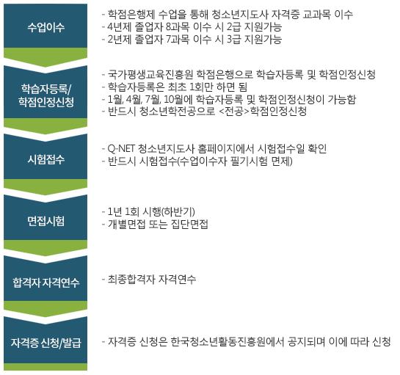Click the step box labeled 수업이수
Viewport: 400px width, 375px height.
pyautogui.click(x=46, y=26)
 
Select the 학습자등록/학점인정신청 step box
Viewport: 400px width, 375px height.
pyautogui.click(x=46, y=95)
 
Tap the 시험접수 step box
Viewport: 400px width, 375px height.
pyautogui.click(x=46, y=159)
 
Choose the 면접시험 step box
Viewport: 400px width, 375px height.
pyautogui.click(x=46, y=220)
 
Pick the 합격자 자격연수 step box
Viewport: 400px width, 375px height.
pyautogui.click(x=46, y=281)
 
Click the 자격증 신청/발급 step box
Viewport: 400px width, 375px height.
pyautogui.click(x=46, y=343)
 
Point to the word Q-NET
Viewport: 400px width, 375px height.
pyautogui.click(x=121, y=148)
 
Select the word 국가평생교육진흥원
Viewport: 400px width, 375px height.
pyautogui.click(x=150, y=74)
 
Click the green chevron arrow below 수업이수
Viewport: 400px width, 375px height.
pyautogui.click(x=46, y=57)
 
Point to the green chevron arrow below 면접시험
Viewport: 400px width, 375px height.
pyautogui.click(x=46, y=248)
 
